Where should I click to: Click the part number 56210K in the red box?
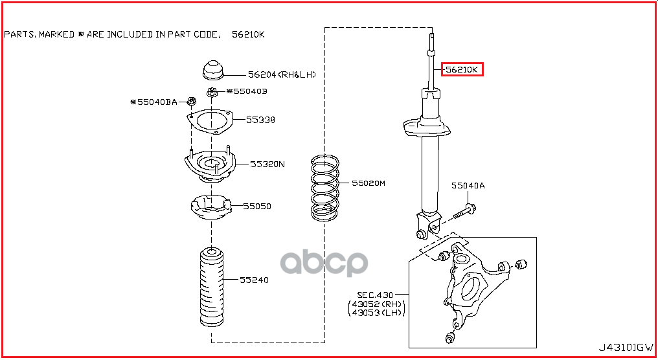(462, 69)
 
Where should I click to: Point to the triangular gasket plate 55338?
(209, 121)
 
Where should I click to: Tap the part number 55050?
(257, 207)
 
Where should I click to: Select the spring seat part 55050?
(210, 208)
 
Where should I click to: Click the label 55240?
(254, 280)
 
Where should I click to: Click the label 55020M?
(369, 183)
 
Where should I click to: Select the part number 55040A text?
(468, 186)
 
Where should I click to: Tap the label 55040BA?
(153, 102)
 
